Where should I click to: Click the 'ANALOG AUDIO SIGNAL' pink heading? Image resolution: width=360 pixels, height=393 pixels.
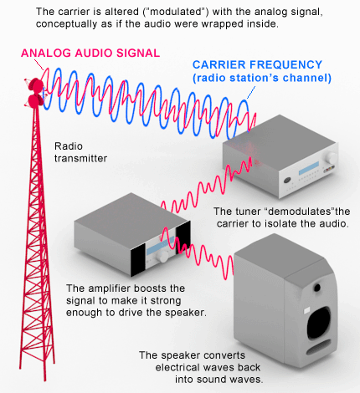[x=90, y=53]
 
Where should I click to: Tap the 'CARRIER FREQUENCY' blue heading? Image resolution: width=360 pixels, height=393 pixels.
[x=257, y=64]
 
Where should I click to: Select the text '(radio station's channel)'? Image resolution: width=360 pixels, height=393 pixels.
[x=262, y=78]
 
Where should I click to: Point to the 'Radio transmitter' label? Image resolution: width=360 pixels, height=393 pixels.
[x=80, y=152]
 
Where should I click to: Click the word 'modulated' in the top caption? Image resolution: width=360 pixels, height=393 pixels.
[x=179, y=12]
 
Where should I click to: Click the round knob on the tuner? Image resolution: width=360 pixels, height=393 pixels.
[x=331, y=158]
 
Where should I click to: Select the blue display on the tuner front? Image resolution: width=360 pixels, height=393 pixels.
[x=309, y=168]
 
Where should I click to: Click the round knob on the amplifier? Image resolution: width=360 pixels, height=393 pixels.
[x=162, y=257]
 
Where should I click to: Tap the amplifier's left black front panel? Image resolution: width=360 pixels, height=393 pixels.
[x=138, y=260]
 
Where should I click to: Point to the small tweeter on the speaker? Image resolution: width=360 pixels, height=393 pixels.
[x=317, y=288]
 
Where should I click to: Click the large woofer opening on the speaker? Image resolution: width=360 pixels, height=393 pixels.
[x=319, y=323]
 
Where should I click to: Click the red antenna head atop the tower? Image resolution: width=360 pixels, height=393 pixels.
[x=35, y=93]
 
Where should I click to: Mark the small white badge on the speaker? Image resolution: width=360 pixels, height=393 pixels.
[x=307, y=310]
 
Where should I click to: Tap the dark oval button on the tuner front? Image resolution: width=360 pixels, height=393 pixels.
[x=288, y=180]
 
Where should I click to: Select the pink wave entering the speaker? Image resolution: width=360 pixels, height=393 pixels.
[x=198, y=253]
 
